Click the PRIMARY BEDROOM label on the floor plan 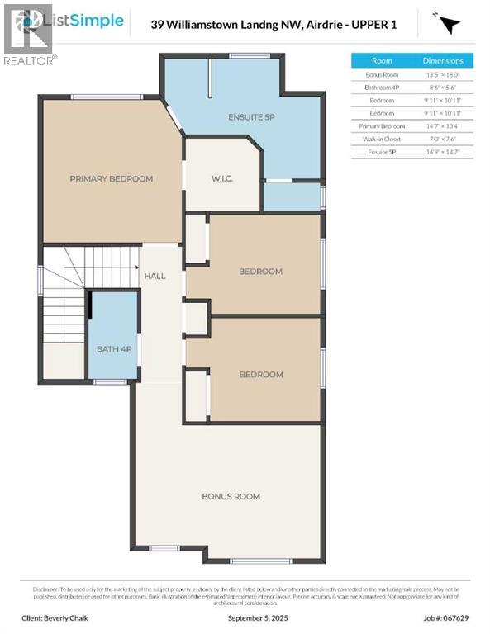[x=112, y=178]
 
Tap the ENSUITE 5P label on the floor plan [x=251, y=117]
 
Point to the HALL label [x=155, y=276]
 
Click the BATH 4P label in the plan [x=114, y=349]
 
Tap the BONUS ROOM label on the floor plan [x=231, y=496]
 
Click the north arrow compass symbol [x=448, y=23]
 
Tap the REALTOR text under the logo [x=30, y=60]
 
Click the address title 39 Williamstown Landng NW [x=274, y=25]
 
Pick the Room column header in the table [x=382, y=61]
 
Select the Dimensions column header [x=443, y=61]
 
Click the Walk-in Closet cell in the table [x=382, y=139]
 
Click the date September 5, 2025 [x=245, y=617]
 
